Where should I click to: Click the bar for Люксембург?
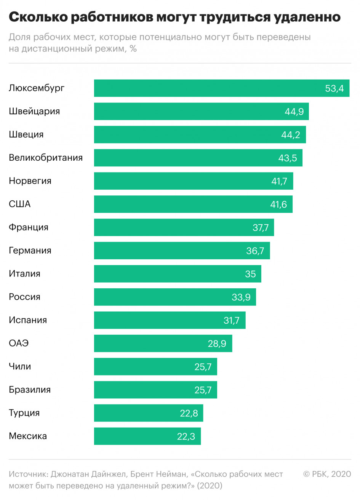(x=222, y=88)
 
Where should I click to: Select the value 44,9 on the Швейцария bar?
(x=294, y=112)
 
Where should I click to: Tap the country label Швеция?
(x=26, y=134)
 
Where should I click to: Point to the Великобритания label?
(x=46, y=158)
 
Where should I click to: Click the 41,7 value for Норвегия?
(x=279, y=181)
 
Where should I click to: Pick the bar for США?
(x=193, y=204)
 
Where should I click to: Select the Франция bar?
(x=184, y=227)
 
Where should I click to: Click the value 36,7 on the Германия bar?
(x=255, y=251)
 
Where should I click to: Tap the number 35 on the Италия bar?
(x=250, y=274)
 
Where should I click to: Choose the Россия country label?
(x=24, y=297)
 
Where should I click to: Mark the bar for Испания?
(x=170, y=320)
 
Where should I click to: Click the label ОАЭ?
(x=19, y=343)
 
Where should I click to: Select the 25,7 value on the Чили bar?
(x=203, y=367)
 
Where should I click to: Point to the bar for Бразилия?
(x=155, y=390)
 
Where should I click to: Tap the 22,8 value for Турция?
(x=189, y=414)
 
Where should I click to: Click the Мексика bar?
(x=147, y=436)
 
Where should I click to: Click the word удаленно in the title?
(x=307, y=18)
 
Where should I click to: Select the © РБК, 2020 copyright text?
(x=327, y=474)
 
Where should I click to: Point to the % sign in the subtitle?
(x=133, y=48)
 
